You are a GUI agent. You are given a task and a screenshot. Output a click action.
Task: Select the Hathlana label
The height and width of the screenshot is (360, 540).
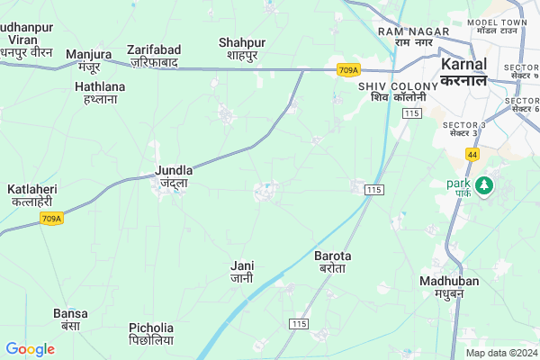tap(99, 93)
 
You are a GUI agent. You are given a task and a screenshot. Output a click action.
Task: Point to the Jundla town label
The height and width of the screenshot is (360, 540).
tap(173, 175)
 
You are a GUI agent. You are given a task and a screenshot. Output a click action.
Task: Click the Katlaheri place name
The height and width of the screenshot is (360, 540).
tap(32, 195)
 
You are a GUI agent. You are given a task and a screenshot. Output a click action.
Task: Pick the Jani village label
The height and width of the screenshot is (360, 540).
tap(242, 272)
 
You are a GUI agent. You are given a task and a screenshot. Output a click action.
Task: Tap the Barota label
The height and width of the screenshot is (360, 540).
tap(332, 262)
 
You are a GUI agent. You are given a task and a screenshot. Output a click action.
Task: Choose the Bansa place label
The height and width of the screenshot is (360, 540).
tap(70, 319)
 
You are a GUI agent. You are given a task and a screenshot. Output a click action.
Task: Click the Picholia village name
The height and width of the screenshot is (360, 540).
tap(150, 335)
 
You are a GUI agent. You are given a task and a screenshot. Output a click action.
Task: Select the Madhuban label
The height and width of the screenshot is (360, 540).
tap(443, 287)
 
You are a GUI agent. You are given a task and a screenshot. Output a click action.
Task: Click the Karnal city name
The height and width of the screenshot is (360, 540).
tap(464, 71)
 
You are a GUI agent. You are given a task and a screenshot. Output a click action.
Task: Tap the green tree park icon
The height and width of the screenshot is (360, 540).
tap(486, 185)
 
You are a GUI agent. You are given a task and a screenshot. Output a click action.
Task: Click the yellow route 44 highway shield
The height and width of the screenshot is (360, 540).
tap(472, 155)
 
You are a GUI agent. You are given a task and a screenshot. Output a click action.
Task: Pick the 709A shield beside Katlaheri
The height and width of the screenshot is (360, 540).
tap(52, 219)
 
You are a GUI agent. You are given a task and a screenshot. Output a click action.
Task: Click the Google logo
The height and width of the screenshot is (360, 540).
tap(30, 349)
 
